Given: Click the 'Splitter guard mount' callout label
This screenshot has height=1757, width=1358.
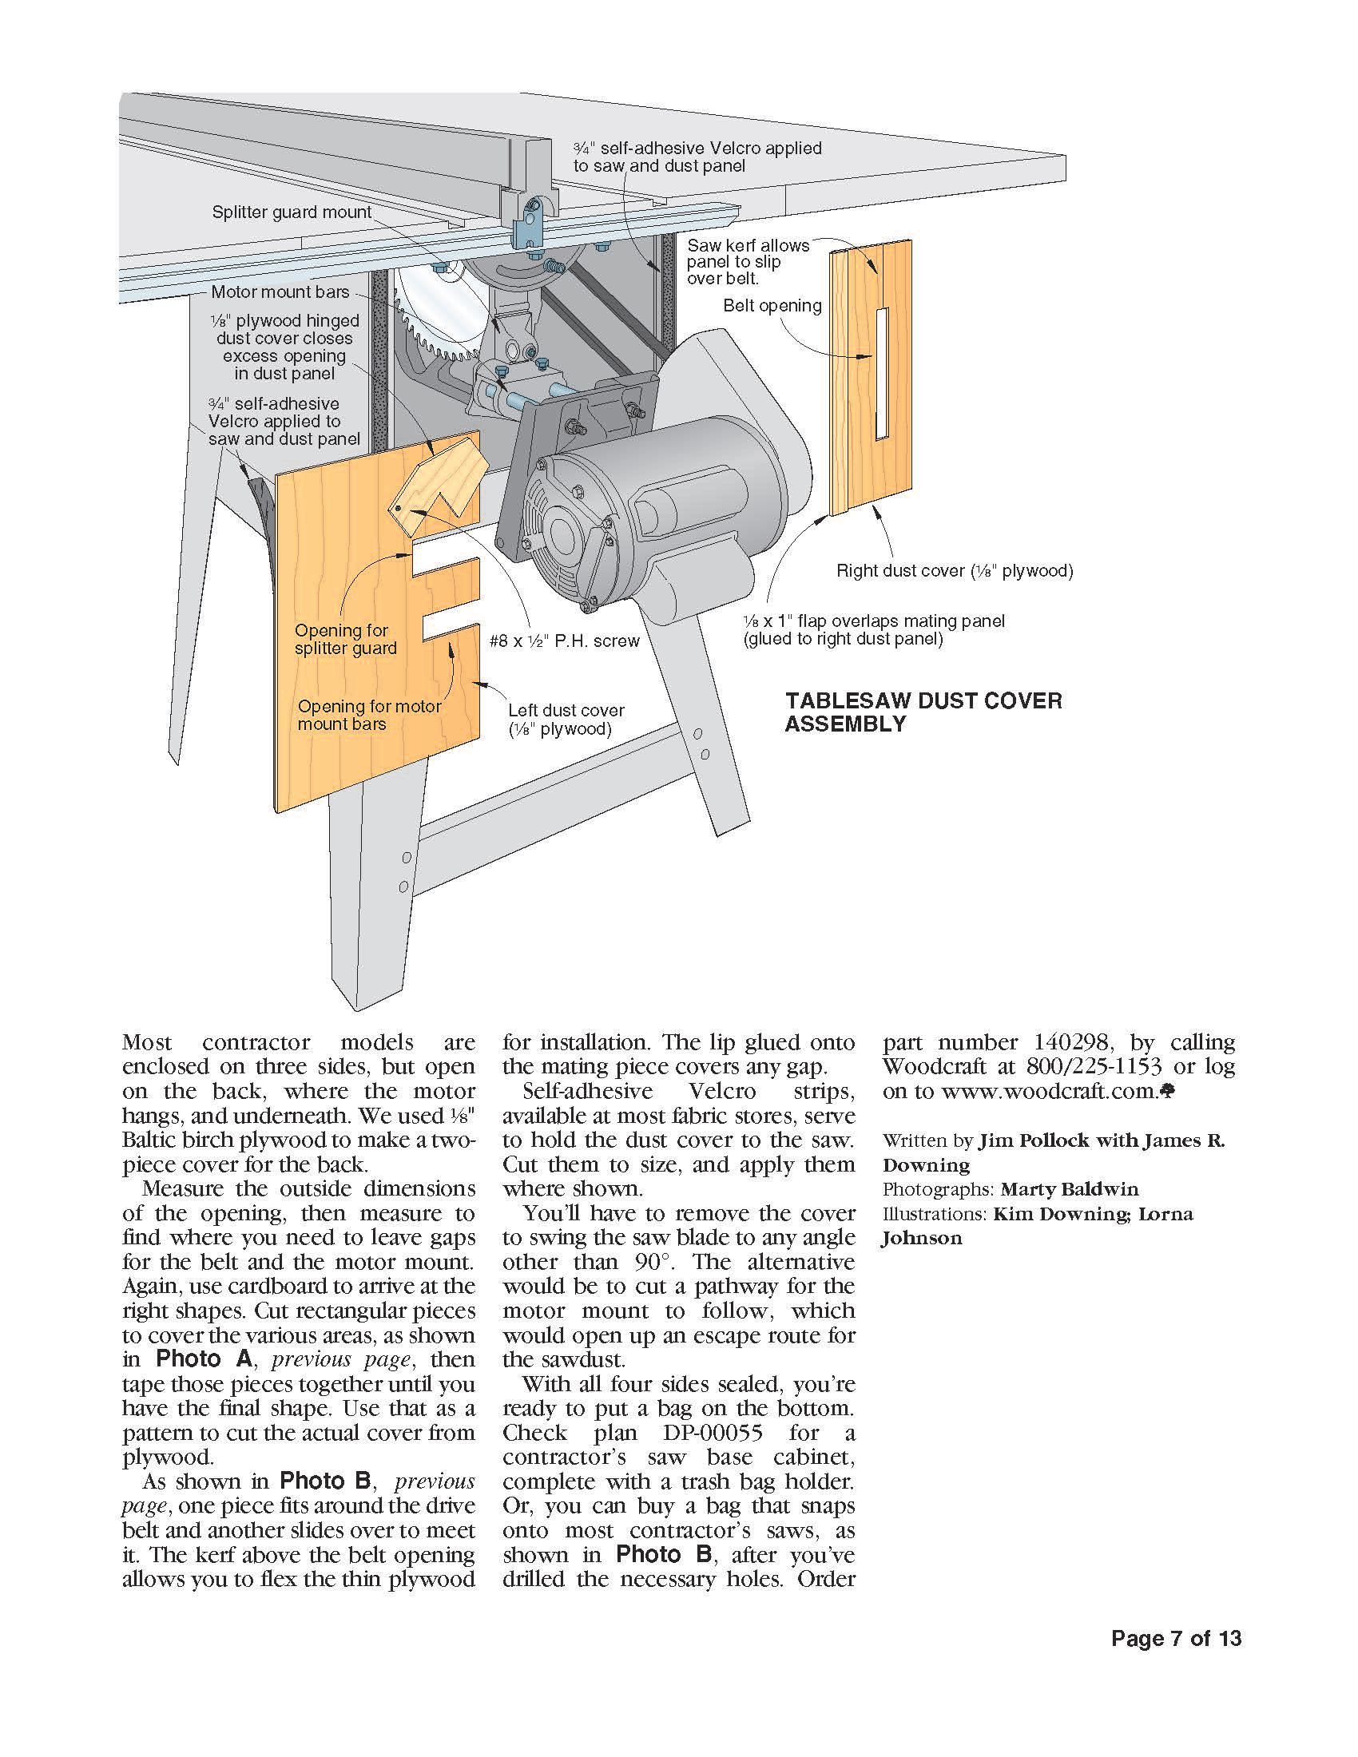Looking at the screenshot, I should pos(292,212).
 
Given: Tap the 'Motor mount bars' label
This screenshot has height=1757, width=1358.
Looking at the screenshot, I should pos(280,292).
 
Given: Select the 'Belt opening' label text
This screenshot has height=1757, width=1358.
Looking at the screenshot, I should pos(772,306).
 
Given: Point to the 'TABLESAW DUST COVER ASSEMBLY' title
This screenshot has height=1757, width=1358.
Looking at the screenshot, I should pos(923,712).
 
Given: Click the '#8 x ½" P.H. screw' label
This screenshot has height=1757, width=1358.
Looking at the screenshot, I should pos(564,641).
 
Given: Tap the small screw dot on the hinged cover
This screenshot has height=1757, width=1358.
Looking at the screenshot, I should pos(398,510).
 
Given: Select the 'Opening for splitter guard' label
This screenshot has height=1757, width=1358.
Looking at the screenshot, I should pos(345,640).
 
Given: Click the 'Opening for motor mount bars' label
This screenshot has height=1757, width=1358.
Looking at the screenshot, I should pos(368,716).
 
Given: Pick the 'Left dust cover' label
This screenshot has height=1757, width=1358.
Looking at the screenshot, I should pos(566,720).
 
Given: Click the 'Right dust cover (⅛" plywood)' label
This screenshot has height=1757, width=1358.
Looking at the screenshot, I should pos(954,571).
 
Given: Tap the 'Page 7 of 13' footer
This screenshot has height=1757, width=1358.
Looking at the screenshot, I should pos(1175,1639).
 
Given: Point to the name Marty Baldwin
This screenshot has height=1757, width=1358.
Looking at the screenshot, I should pos(1069,1189).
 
